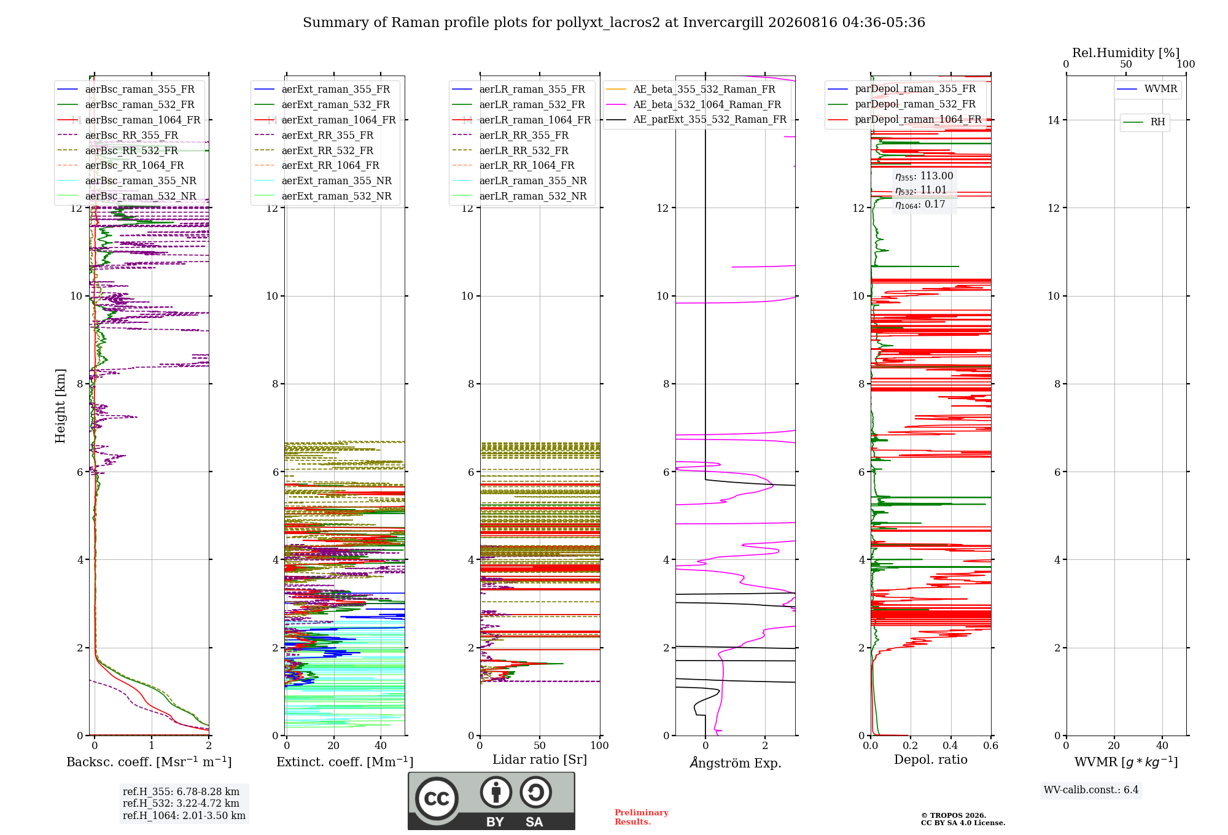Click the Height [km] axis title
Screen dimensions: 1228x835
click(x=60, y=406)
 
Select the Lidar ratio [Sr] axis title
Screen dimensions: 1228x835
click(x=540, y=759)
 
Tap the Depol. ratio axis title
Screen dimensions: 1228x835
click(x=931, y=759)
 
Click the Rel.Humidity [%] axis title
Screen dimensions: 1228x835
click(x=1126, y=53)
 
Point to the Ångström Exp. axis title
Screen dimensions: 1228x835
click(x=736, y=763)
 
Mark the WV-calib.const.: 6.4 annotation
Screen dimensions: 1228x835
click(x=1091, y=790)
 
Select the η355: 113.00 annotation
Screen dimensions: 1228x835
click(x=924, y=176)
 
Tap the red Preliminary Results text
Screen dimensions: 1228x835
click(x=642, y=817)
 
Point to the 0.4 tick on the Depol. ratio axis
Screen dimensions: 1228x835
click(x=950, y=745)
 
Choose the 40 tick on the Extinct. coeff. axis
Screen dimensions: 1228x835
click(x=381, y=745)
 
